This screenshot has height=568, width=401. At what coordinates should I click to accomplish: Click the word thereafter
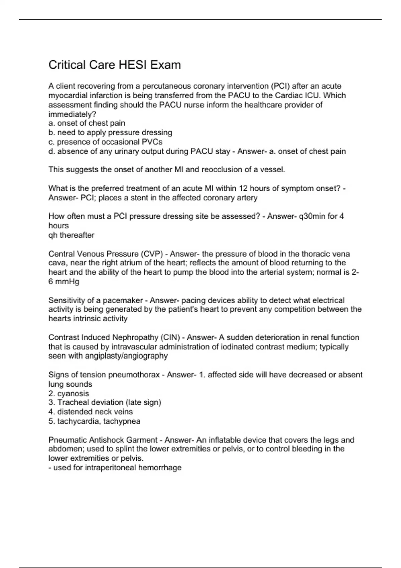[x=77, y=235]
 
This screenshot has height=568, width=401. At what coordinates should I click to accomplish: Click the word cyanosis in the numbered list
[x=73, y=393]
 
